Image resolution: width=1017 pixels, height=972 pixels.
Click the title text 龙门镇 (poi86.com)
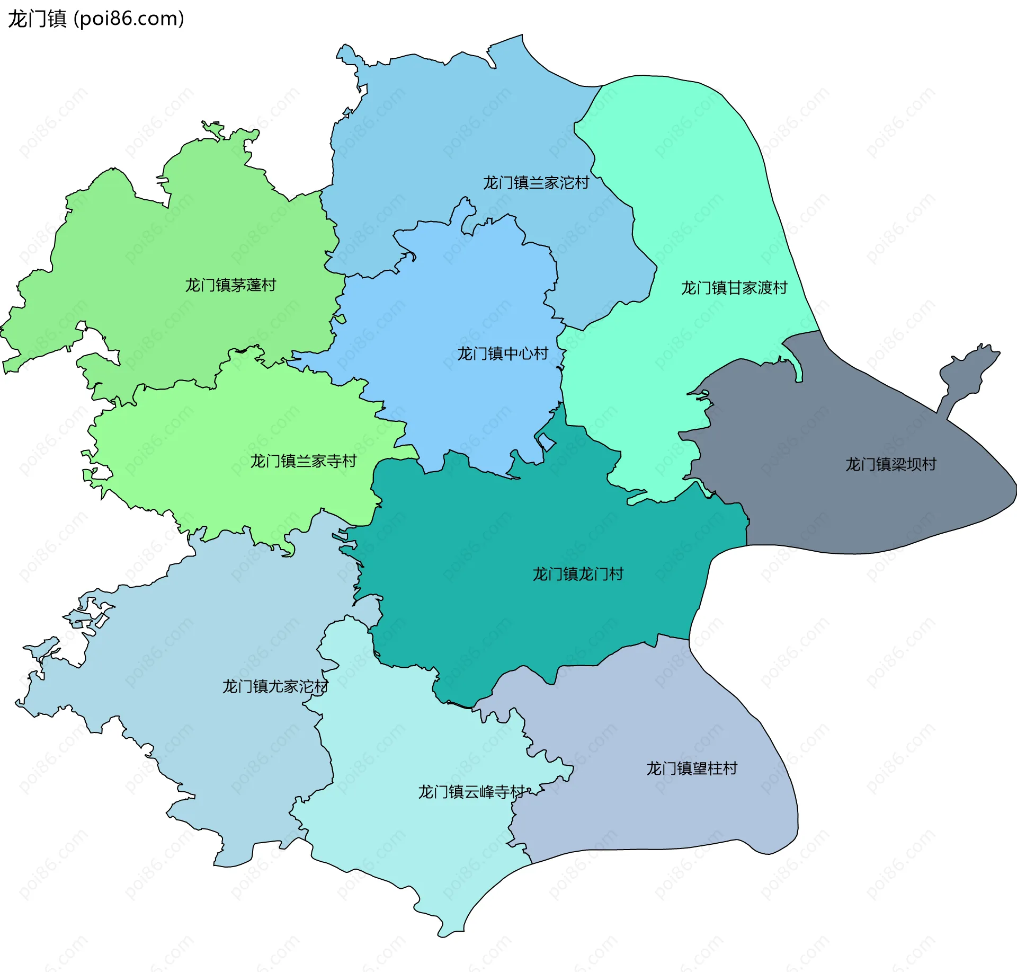pyautogui.click(x=96, y=19)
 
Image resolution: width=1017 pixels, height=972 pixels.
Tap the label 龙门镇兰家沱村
pyautogui.click(x=536, y=183)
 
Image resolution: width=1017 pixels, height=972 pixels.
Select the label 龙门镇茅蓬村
pyautogui.click(x=230, y=285)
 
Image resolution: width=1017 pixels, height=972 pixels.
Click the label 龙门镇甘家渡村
pyautogui.click(x=734, y=288)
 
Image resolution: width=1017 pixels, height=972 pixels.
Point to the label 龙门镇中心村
pyautogui.click(x=502, y=354)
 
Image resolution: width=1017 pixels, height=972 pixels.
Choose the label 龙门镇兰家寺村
pyautogui.click(x=303, y=461)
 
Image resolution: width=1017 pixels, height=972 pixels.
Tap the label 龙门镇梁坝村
pyautogui.click(x=890, y=464)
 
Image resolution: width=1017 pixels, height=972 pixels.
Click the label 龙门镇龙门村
pyautogui.click(x=578, y=574)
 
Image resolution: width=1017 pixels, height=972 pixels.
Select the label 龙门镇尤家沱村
pyautogui.click(x=275, y=686)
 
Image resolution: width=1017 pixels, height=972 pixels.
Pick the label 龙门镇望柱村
pyautogui.click(x=691, y=768)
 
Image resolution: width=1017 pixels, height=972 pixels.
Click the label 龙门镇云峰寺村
pyautogui.click(x=471, y=792)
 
